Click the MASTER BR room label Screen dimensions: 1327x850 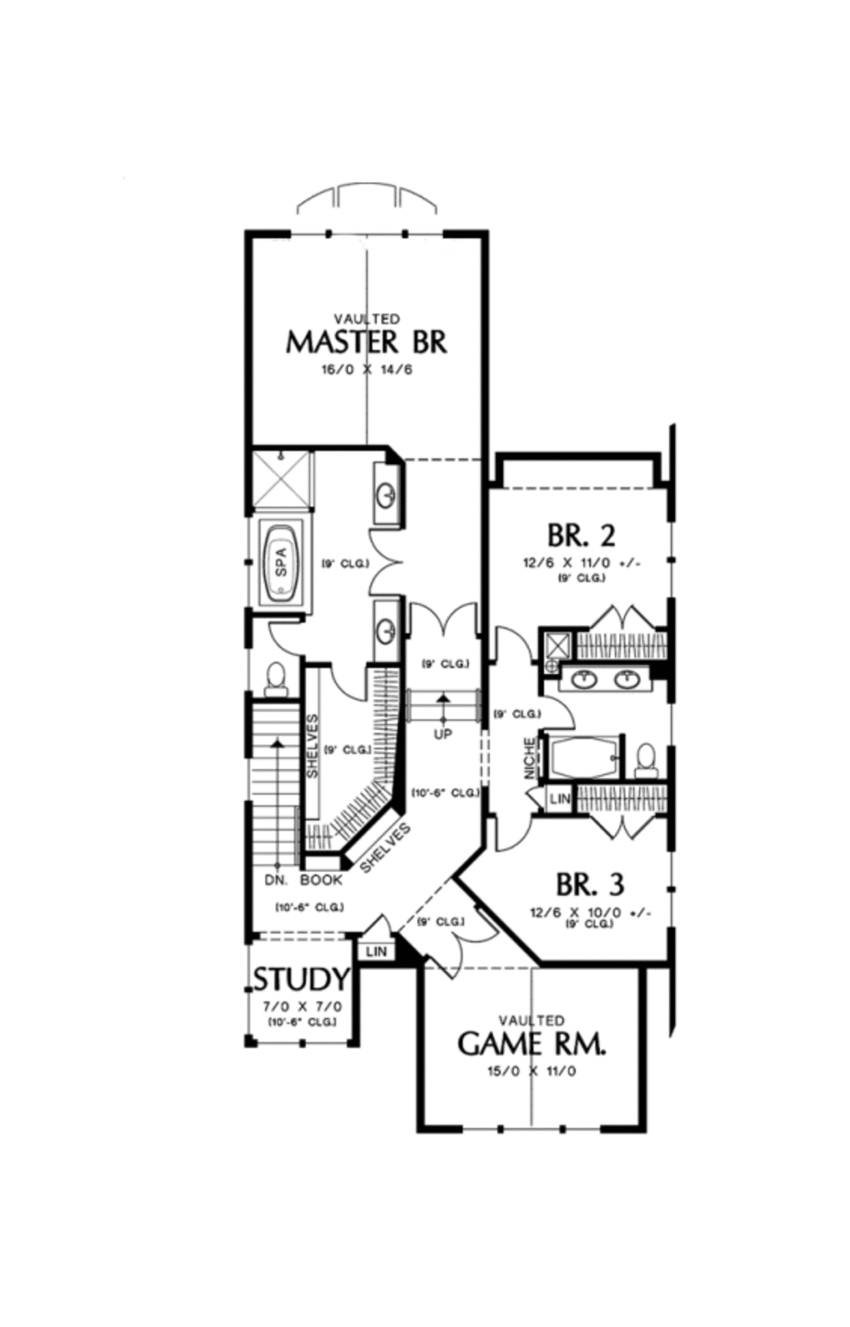366,342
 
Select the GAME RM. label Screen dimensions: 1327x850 531,1043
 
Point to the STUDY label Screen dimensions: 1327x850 300,980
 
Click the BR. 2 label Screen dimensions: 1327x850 581,535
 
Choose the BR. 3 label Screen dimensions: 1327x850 589,884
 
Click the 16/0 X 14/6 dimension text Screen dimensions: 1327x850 366,369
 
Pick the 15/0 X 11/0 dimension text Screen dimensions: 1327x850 531,1071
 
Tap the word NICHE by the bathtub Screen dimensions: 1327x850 530,758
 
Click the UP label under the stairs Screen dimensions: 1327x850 442,734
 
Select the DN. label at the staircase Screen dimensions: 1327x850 276,879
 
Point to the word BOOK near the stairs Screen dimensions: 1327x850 321,879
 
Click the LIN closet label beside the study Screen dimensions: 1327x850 376,952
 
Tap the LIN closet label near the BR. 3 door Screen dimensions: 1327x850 559,799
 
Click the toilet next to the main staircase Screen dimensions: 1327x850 275,679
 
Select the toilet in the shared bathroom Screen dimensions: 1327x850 646,757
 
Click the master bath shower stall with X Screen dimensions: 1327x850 281,479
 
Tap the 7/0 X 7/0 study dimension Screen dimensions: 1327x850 302,1006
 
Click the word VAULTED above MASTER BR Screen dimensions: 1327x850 366,319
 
